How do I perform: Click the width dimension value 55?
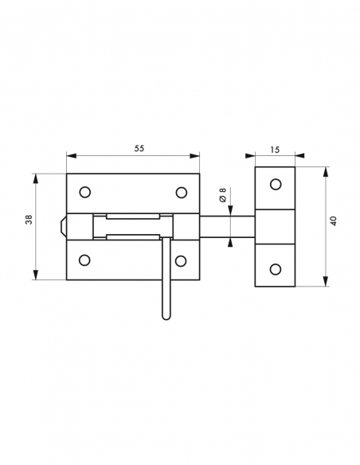click(139, 149)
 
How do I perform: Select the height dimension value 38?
click(29, 221)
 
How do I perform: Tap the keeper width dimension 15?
click(275, 149)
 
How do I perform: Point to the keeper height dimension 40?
click(334, 221)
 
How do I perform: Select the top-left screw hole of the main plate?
click(85, 192)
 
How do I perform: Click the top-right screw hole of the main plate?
click(182, 192)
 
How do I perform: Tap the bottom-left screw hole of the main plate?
click(85, 260)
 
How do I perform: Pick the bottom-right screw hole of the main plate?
click(182, 260)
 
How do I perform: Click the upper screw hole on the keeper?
click(276, 185)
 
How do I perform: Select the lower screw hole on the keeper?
click(276, 268)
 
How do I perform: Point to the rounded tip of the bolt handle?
click(166, 315)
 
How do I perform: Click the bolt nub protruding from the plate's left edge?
click(62, 226)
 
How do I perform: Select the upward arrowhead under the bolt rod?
click(229, 243)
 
